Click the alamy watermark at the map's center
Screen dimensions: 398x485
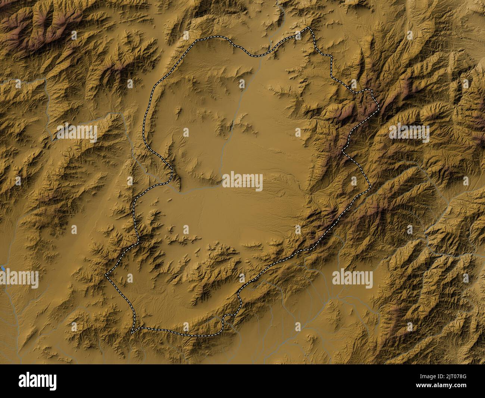242,181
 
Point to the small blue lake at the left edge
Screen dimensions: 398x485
2,268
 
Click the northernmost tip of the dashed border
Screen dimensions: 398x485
307,28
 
